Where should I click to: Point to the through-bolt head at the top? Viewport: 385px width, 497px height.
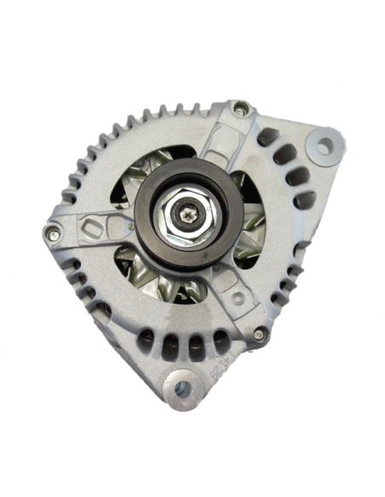241,108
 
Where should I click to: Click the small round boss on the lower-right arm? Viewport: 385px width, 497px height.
239,298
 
